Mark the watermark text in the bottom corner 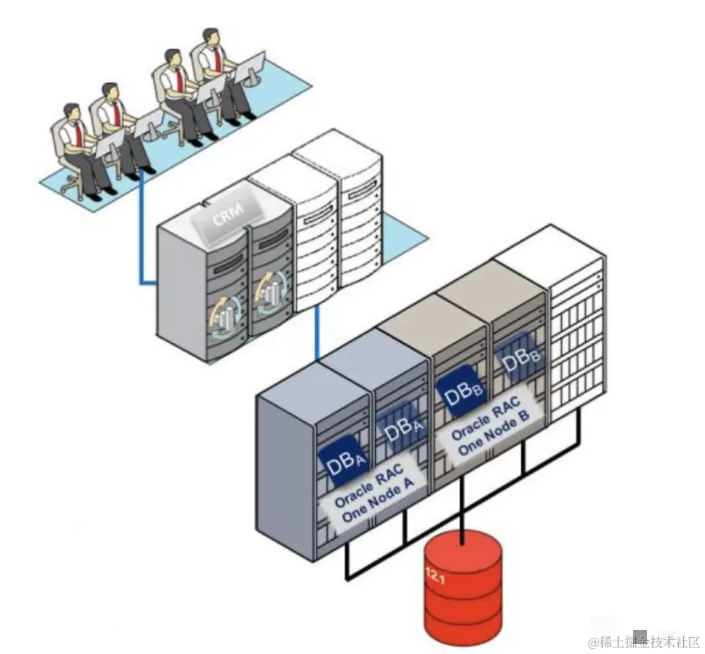coord(643,642)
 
